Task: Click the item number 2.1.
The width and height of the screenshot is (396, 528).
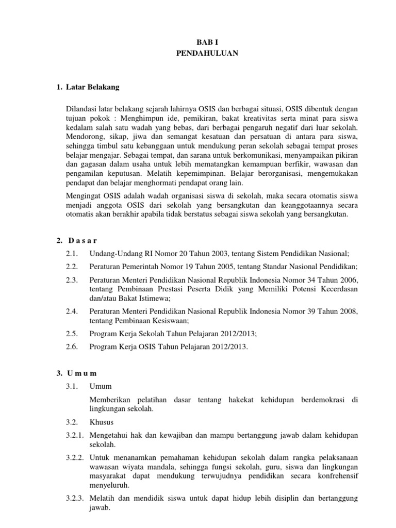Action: (x=71, y=253)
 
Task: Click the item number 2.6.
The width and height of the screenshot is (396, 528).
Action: (x=71, y=346)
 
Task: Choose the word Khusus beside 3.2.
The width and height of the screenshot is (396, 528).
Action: (x=101, y=422)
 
